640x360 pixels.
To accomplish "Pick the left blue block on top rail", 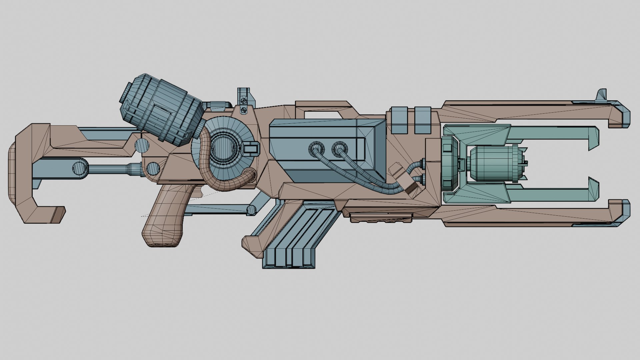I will (399, 120).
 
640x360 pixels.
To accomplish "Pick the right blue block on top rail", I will (423, 120).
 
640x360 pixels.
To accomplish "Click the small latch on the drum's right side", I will (252, 148).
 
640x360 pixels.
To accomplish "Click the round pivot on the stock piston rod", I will (80, 168).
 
